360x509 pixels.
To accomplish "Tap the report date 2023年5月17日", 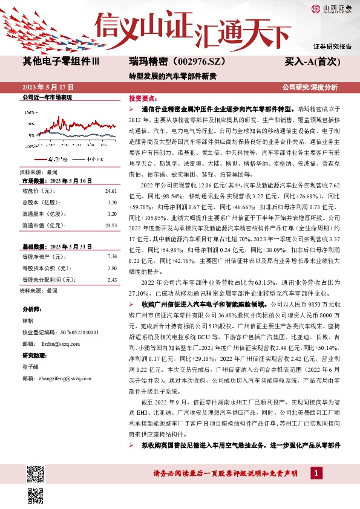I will (x=47, y=87).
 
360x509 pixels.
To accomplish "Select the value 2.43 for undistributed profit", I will (x=111, y=280).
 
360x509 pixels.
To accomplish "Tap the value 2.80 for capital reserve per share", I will (x=111, y=268).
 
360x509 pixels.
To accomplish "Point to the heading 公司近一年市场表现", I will (x=47, y=97).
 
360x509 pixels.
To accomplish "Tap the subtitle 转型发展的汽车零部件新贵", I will (x=172, y=76).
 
